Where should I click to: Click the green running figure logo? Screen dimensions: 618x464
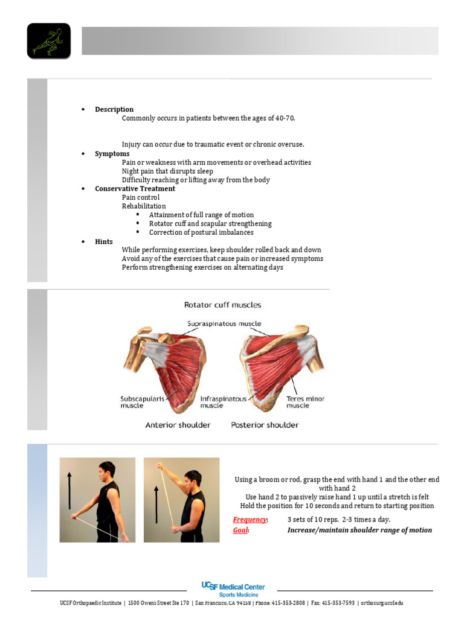pyautogui.click(x=49, y=41)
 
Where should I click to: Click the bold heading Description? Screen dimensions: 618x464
pyautogui.click(x=114, y=110)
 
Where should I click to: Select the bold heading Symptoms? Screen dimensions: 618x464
pyautogui.click(x=112, y=154)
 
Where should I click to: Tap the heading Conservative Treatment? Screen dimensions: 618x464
pyautogui.click(x=135, y=189)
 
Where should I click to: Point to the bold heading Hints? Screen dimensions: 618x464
pyautogui.click(x=104, y=241)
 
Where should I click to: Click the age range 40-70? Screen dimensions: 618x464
pyautogui.click(x=285, y=118)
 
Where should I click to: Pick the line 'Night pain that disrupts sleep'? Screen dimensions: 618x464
pyautogui.click(x=167, y=171)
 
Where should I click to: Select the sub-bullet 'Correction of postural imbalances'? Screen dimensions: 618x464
pyautogui.click(x=201, y=232)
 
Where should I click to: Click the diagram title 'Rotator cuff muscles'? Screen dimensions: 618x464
pyautogui.click(x=222, y=305)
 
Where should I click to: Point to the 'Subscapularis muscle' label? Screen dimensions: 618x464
pyautogui.click(x=140, y=402)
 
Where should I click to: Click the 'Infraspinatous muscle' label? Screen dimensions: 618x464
pyautogui.click(x=224, y=402)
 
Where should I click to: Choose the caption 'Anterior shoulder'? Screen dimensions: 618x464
pyautogui.click(x=178, y=425)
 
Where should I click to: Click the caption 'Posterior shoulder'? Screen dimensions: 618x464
pyautogui.click(x=265, y=425)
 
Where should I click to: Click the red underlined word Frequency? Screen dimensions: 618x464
pyautogui.click(x=250, y=520)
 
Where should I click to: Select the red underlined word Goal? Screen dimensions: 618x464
pyautogui.click(x=240, y=530)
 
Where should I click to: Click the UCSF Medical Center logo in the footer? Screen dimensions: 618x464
pyautogui.click(x=233, y=589)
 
